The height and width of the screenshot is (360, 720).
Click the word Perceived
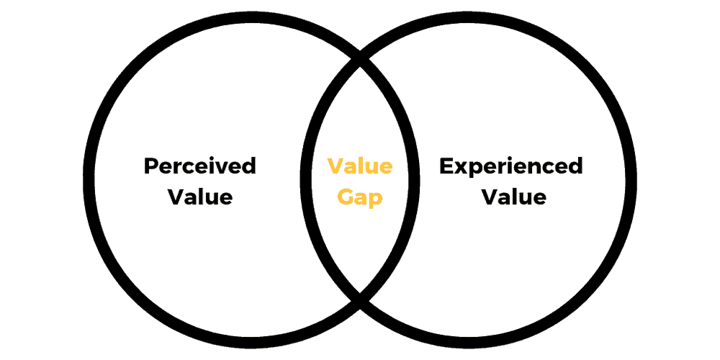point(199,166)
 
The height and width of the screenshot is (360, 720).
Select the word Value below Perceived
point(199,197)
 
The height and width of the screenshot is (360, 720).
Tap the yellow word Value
point(359,166)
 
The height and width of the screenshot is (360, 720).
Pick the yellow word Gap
point(359,198)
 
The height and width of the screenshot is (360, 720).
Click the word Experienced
point(511,167)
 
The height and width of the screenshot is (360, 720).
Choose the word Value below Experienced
point(513,197)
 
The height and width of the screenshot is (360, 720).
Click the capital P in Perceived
point(151,167)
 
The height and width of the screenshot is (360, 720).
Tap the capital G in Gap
point(346,197)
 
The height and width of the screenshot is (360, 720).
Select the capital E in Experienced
point(446,167)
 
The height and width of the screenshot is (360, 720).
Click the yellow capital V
point(335,167)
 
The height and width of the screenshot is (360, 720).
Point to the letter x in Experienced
point(462,169)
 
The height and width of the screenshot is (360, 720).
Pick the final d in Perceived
point(249,166)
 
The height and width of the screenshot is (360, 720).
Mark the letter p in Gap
point(376,201)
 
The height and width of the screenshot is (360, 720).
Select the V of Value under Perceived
point(176,197)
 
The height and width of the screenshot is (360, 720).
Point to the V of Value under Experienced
point(489,197)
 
